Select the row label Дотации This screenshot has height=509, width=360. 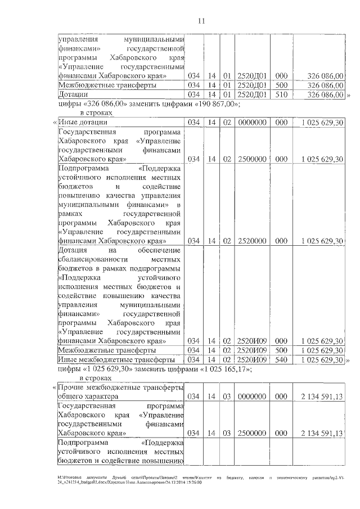tap(73, 94)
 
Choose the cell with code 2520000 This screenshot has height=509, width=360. tap(251, 241)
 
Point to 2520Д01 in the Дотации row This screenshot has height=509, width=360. tap(251, 94)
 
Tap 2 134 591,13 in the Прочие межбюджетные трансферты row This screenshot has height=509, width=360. tap(322, 397)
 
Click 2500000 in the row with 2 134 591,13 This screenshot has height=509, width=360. tap(251, 434)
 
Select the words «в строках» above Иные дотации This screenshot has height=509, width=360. tap(93, 113)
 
